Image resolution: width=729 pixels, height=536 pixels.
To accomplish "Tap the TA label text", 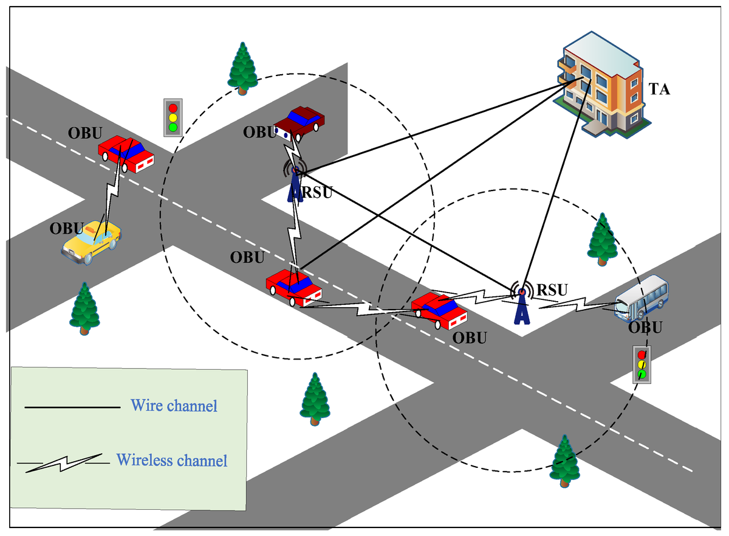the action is point(659,89).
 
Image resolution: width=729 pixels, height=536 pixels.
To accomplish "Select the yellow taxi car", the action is point(92,242).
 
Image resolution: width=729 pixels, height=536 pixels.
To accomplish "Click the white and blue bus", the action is point(641,297).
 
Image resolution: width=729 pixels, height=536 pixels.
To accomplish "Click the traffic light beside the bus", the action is point(642,364).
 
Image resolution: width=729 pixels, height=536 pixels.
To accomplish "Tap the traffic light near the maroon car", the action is point(173,117).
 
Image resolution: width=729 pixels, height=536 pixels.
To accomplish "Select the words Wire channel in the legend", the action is point(174,406).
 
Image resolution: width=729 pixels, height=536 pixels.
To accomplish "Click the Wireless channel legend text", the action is point(172,460).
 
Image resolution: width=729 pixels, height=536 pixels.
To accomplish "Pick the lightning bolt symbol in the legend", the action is point(64,462).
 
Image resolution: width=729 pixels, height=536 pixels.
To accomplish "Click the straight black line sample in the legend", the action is point(72,407).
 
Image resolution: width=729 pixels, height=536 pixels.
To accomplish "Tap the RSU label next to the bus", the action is point(552,290).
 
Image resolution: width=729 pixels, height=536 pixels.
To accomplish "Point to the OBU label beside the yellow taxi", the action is point(67,228).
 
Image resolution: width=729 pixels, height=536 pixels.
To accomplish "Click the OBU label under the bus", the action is point(645,327).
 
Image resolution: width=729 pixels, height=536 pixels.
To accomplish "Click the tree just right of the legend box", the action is point(315,400).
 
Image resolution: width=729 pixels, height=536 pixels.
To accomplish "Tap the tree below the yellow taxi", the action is point(84,308).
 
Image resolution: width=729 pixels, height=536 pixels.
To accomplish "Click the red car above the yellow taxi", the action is point(126,154).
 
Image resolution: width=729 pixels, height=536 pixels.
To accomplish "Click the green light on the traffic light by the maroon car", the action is point(173,127).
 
